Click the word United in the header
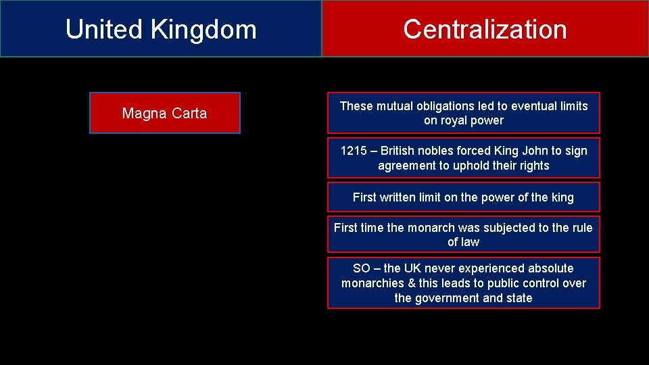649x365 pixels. click(103, 30)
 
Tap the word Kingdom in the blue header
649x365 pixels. click(203, 30)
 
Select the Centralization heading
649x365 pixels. click(485, 30)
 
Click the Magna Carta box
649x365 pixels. click(164, 114)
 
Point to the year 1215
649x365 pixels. click(353, 151)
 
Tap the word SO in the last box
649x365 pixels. click(362, 268)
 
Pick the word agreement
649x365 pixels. click(404, 166)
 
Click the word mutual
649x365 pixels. click(391, 106)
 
